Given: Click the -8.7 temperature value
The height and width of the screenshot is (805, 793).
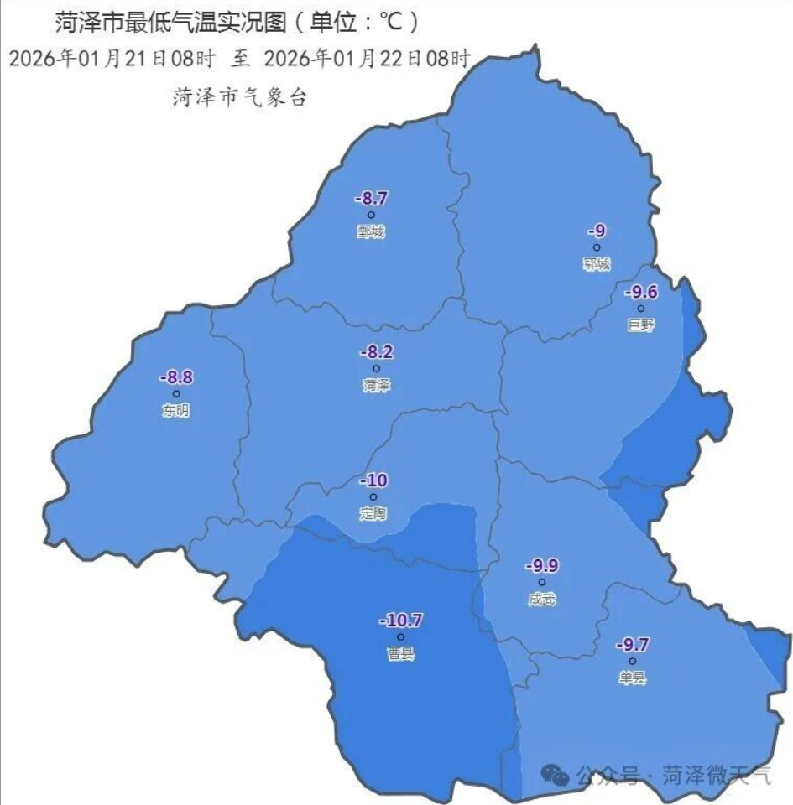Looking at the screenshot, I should (x=371, y=200).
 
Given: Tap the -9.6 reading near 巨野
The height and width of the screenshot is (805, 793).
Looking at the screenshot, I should (x=641, y=292).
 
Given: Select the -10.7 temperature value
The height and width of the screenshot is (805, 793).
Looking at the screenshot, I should (x=400, y=621).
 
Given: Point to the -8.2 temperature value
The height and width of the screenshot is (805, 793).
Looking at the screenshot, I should (x=376, y=352).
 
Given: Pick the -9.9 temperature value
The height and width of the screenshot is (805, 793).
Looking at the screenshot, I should (x=541, y=566).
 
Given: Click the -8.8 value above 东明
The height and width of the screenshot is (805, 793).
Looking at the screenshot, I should (x=176, y=377).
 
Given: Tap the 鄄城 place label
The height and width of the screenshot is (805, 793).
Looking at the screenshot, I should (x=370, y=232).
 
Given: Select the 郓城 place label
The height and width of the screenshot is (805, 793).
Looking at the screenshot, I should (x=597, y=264).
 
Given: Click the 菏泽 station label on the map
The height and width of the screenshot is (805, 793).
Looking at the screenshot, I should (x=377, y=386).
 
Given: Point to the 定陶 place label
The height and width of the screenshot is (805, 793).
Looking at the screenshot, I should (x=373, y=514).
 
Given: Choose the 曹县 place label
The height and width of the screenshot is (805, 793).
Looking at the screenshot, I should (x=400, y=654).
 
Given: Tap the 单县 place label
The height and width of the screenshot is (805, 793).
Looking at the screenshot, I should (x=633, y=678).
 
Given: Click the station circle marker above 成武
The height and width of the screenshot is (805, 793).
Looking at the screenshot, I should (x=541, y=582).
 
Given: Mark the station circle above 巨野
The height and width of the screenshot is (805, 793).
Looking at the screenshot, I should (x=641, y=309).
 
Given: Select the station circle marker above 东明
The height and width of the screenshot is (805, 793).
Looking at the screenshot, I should (x=176, y=393).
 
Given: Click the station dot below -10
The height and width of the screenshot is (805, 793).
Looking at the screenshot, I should (x=373, y=497).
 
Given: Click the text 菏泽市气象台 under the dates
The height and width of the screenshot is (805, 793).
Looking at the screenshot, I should (x=239, y=97).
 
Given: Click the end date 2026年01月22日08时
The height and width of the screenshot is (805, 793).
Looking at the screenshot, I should (x=367, y=60).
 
